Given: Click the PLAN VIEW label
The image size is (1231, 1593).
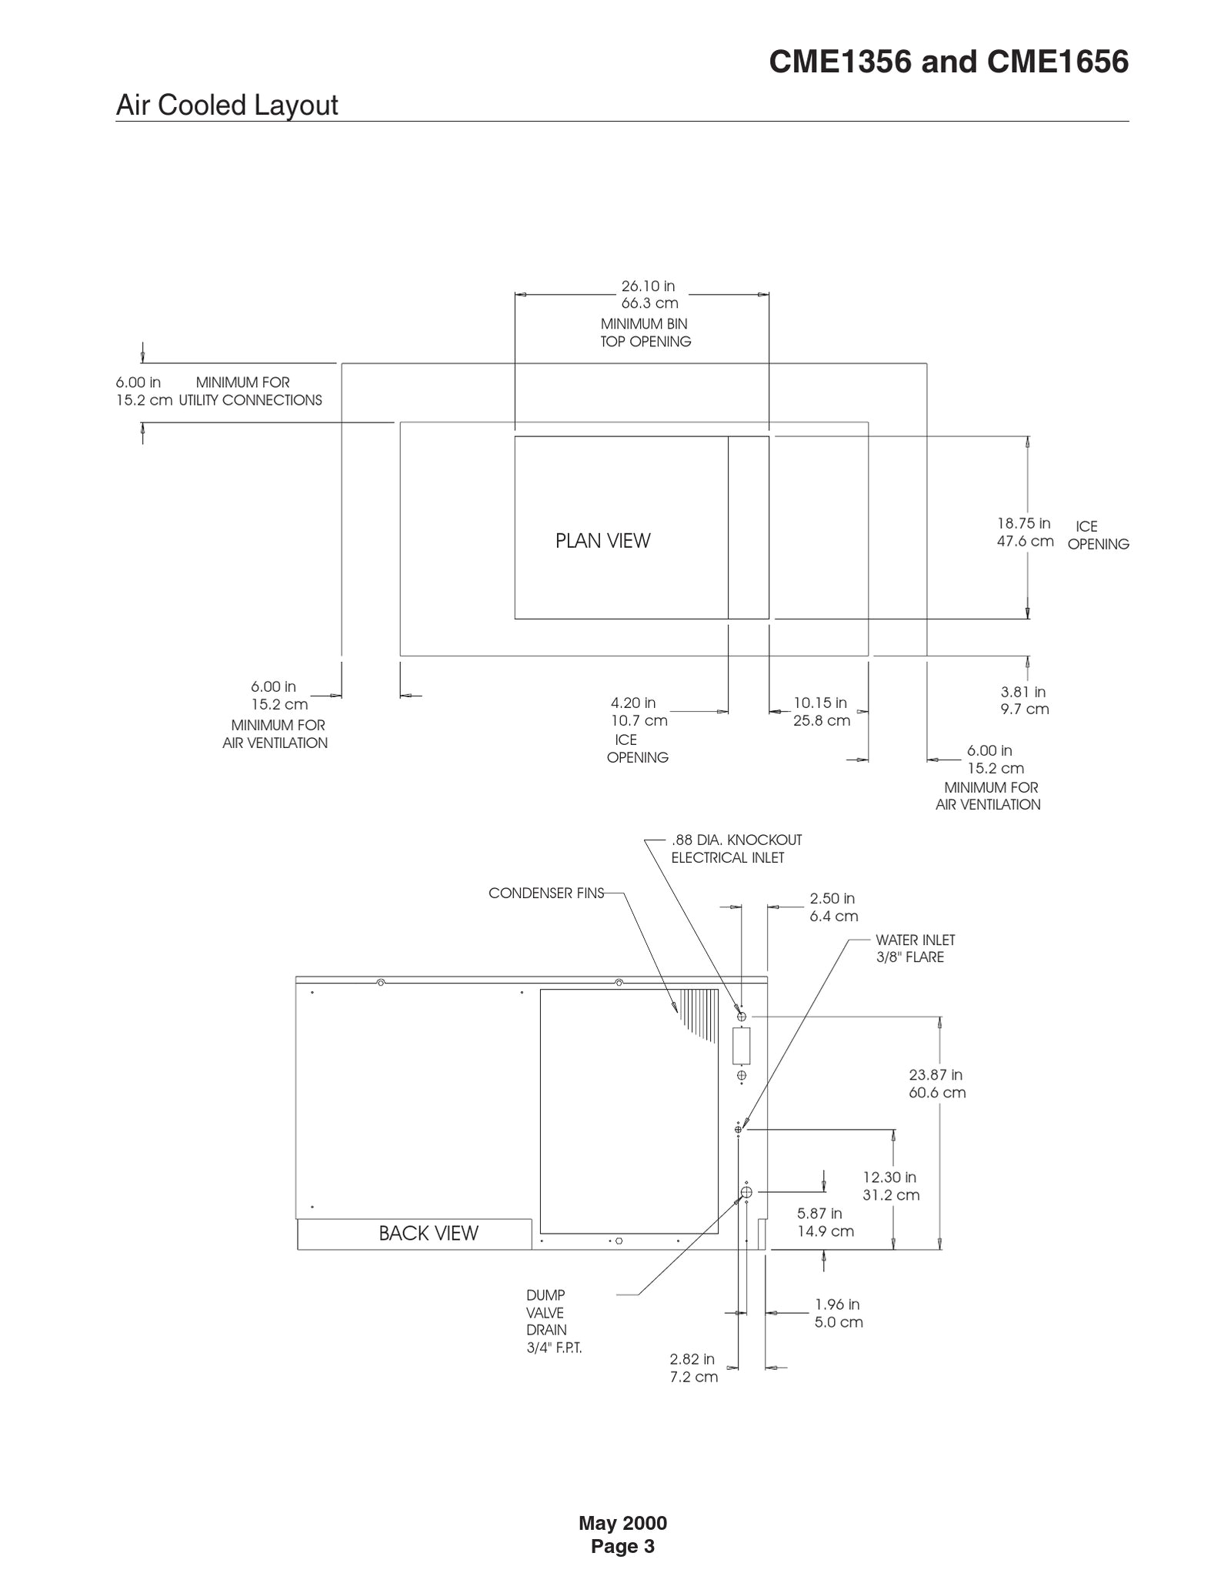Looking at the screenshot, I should [602, 541].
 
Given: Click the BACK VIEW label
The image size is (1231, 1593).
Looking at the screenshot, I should [428, 1233].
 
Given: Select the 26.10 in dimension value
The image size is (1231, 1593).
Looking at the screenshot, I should [648, 286].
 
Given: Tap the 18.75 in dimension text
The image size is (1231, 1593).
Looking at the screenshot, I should [1023, 524].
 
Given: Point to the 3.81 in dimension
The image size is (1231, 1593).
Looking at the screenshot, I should [1022, 692].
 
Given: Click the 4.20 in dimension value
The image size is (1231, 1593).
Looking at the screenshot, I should [633, 703].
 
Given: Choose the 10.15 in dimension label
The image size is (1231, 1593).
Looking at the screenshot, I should [820, 703].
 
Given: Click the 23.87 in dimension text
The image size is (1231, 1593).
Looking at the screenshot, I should [936, 1075].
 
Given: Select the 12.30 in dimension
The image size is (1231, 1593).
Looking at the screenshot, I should [889, 1177].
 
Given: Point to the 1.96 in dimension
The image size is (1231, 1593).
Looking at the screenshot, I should [837, 1304].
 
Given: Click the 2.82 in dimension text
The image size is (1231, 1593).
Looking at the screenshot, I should [692, 1360].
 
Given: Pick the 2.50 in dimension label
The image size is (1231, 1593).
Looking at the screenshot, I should [832, 899].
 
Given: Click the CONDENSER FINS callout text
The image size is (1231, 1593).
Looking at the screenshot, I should [545, 893].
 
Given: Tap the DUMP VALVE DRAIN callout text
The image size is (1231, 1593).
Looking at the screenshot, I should [547, 1321].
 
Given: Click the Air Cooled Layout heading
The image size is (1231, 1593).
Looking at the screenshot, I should [226, 105].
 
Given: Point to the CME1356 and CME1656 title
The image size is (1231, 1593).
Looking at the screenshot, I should [948, 62].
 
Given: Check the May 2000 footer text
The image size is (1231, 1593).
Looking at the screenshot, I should [622, 1523].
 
